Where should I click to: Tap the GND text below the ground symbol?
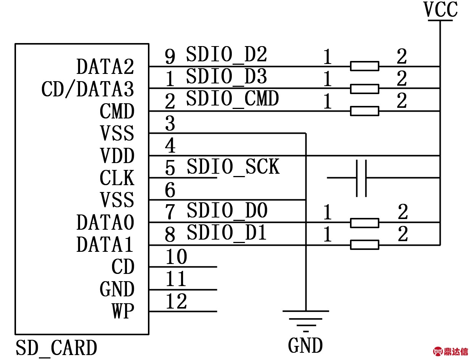pyautogui.click(x=305, y=346)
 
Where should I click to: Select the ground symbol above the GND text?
pyautogui.click(x=305, y=318)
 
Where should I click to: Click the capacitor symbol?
pyautogui.click(x=361, y=178)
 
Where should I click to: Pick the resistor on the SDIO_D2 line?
pyautogui.click(x=364, y=66)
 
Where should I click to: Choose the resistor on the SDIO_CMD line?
pyautogui.click(x=364, y=111)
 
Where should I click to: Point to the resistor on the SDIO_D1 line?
pyautogui.click(x=364, y=245)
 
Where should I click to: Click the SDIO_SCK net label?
pyautogui.click(x=233, y=167)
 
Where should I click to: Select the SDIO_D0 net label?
pyautogui.click(x=227, y=211)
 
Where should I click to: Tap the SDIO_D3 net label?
pyautogui.click(x=226, y=77)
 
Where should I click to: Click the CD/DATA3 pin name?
pyautogui.click(x=88, y=90)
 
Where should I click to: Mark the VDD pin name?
pyautogui.click(x=117, y=156)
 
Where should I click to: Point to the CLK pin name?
pyautogui.click(x=117, y=178)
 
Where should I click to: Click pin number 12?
pyautogui.click(x=176, y=302)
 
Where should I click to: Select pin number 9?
pyautogui.click(x=170, y=57)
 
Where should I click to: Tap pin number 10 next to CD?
pyautogui.click(x=176, y=257)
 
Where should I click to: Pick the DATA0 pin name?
pyautogui.click(x=105, y=223)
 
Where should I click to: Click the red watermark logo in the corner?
pyautogui.click(x=451, y=351)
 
